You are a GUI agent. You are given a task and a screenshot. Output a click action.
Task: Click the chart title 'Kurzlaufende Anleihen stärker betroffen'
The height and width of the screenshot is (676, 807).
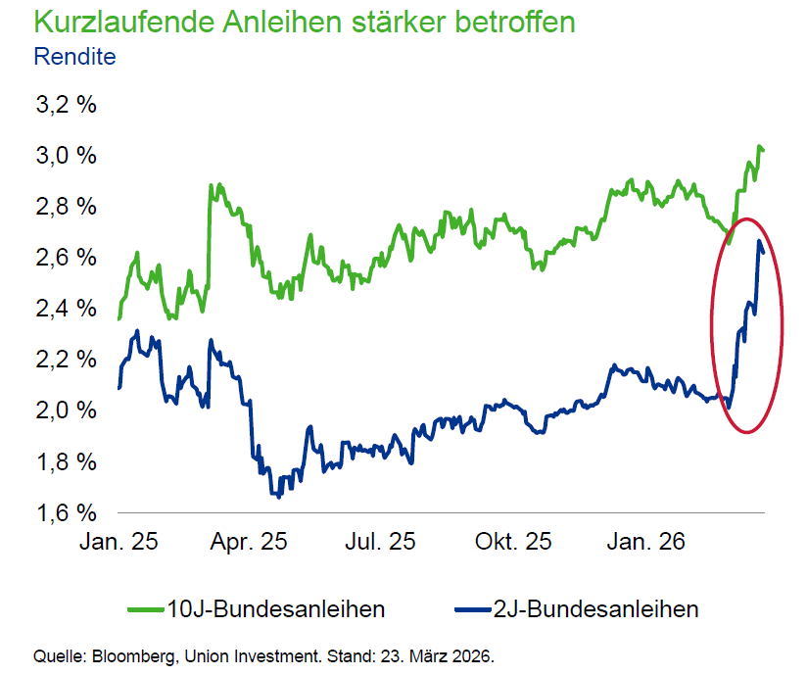304,22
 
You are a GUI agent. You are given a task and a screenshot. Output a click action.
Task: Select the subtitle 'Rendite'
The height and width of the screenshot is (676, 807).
74,56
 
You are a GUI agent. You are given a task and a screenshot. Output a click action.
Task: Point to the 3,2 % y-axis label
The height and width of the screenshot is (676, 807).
65,105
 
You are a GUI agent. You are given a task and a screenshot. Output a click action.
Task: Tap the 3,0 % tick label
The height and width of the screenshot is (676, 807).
65,156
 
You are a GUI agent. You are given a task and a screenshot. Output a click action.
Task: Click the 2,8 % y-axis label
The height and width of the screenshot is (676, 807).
65,207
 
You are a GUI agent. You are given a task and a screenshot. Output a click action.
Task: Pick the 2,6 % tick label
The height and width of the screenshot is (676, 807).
65,258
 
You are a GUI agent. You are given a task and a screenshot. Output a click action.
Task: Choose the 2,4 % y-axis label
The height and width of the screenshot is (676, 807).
65,309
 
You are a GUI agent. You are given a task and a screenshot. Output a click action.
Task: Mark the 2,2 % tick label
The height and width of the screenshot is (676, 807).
65,360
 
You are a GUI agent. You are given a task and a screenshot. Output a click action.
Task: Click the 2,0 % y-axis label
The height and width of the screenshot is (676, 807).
65,410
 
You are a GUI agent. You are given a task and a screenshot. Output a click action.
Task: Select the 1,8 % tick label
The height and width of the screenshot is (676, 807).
65,461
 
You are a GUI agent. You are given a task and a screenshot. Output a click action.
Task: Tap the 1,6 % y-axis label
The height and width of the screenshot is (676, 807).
65,512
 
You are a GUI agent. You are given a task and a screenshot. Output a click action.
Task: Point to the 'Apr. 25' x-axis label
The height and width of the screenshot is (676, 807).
249,542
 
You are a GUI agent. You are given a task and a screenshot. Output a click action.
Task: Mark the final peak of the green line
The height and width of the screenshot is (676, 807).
759,147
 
